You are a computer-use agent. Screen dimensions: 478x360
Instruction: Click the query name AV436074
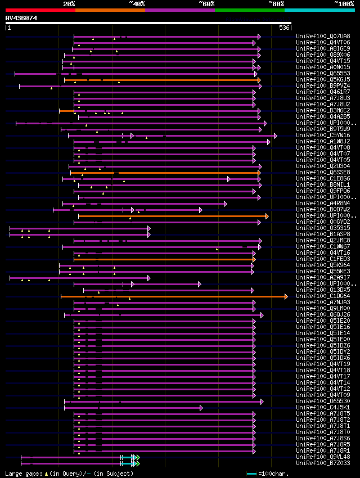21,18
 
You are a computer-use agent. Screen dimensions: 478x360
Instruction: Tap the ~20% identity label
69,3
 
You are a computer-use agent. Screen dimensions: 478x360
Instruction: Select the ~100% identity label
343,3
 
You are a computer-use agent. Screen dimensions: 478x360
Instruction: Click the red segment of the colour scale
40,10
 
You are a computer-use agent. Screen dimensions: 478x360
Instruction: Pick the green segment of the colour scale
249,10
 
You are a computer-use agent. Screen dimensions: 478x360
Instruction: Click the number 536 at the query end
284,28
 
